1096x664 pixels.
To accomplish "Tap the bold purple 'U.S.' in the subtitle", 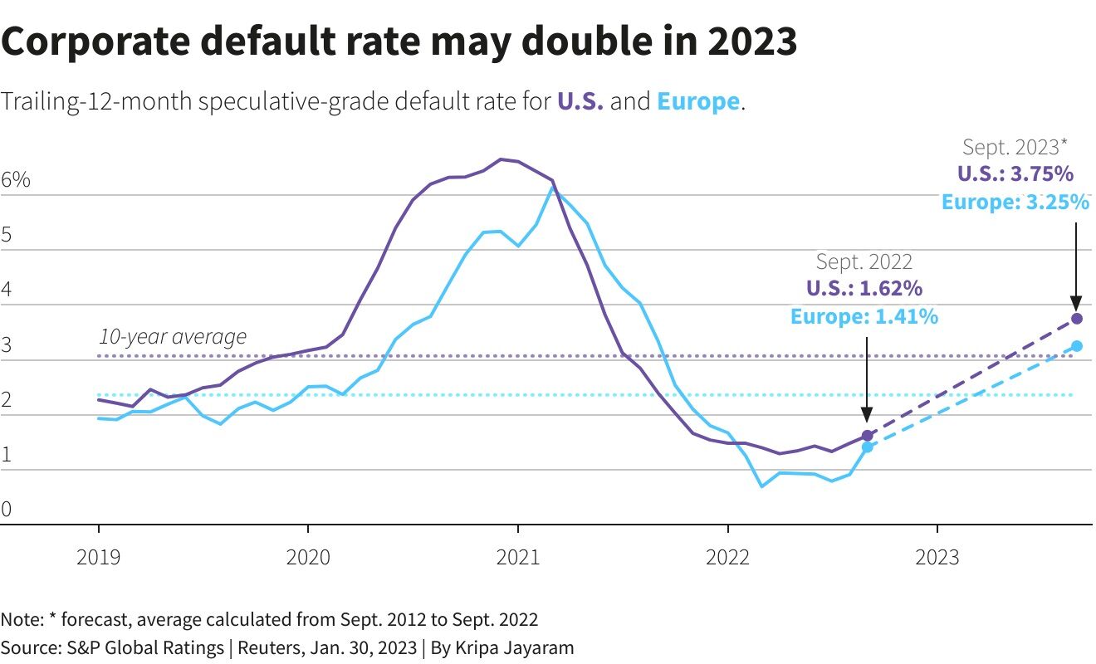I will click(580, 102).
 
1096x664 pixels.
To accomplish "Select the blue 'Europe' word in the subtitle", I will click(697, 102).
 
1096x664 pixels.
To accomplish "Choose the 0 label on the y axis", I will click(7, 509).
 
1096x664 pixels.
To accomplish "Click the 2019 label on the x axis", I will click(99, 556).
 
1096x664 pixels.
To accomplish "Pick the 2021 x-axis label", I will click(518, 556).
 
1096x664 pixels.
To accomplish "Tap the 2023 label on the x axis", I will click(937, 556).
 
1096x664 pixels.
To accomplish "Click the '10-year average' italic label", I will click(173, 336).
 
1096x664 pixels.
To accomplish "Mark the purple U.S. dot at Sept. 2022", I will click(868, 435).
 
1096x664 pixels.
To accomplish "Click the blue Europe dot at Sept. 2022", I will click(868, 447).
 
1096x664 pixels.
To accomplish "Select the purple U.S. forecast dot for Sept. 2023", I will click(1077, 318).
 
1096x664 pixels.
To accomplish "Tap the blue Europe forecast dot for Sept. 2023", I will click(1077, 345).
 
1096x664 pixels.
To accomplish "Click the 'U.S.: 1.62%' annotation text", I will click(864, 289).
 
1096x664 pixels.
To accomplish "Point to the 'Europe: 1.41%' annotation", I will click(864, 316).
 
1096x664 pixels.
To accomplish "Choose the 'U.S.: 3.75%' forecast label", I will click(1015, 174).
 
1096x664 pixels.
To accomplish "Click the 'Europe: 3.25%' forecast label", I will click(1015, 202).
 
